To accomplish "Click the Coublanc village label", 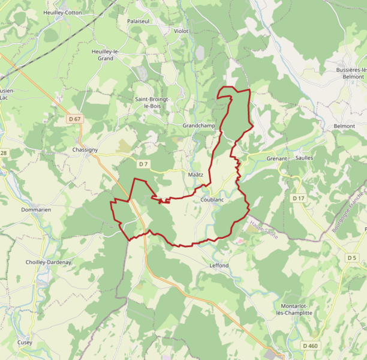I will [x=212, y=200].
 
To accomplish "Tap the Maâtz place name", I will [x=195, y=175].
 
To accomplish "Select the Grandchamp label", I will [x=198, y=125].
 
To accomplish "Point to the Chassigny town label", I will [x=85, y=149].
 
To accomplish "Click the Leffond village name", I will [x=219, y=265].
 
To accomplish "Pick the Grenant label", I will [x=278, y=158].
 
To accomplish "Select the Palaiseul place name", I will [x=139, y=20].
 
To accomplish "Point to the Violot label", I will [x=181, y=31].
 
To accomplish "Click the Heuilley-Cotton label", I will [x=62, y=12].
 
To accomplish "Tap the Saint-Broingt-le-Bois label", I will [x=152, y=103].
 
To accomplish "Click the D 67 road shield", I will [x=74, y=119].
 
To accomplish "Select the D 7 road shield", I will [x=143, y=164].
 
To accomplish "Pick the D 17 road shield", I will [x=299, y=198].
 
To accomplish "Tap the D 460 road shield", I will [x=310, y=346].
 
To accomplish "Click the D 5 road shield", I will [x=351, y=257].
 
